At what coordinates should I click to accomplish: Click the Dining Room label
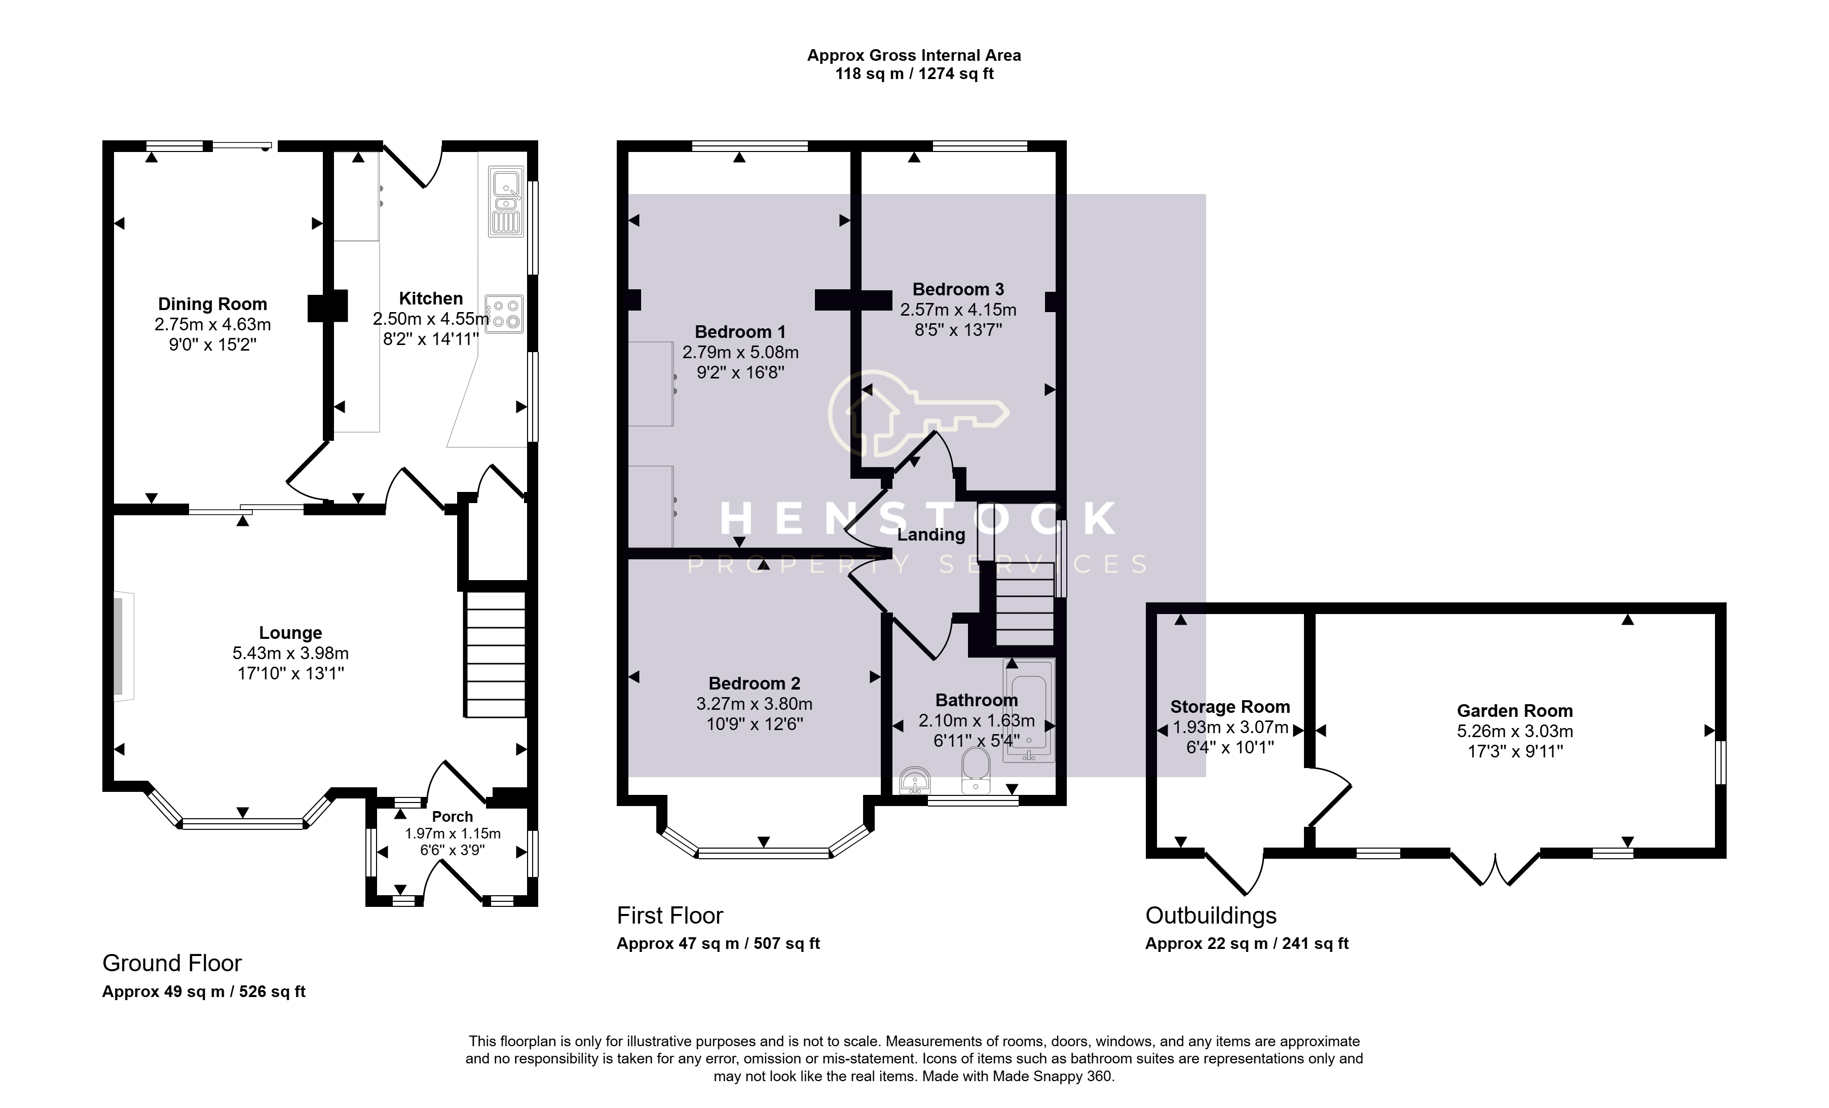(212, 304)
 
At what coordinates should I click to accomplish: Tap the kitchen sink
(506, 201)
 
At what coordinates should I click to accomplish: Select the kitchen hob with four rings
(505, 314)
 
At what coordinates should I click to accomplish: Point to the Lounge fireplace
(123, 645)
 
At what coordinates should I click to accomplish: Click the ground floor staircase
(495, 654)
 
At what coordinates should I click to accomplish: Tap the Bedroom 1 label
(740, 332)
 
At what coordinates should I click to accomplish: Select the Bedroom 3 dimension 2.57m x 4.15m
(958, 310)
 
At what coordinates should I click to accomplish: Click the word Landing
(931, 535)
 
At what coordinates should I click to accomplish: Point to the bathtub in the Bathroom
(1029, 710)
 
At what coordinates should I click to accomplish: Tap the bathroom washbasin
(915, 781)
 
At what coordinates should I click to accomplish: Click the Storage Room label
(1230, 707)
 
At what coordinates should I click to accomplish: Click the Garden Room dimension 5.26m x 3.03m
(1515, 732)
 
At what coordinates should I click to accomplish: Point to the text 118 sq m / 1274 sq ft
(914, 74)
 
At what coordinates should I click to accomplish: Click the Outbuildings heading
(1211, 916)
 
